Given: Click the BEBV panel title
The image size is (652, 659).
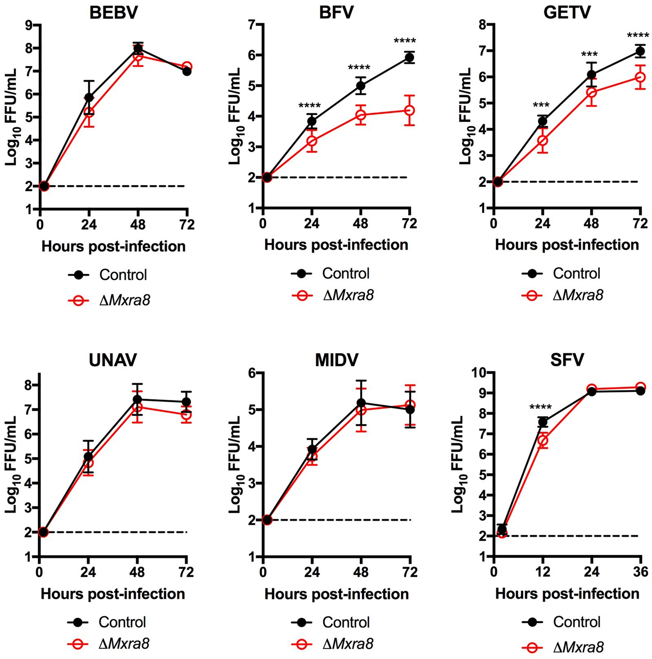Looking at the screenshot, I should [x=113, y=13].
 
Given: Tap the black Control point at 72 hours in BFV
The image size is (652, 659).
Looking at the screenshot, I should [x=410, y=57].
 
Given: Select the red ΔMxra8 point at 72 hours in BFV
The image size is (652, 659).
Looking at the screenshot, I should [x=410, y=110].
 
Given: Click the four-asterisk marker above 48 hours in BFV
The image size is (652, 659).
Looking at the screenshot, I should [x=359, y=68].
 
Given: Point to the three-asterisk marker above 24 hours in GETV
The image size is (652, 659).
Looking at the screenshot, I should [x=541, y=105].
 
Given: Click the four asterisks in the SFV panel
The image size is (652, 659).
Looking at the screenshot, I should [x=540, y=407].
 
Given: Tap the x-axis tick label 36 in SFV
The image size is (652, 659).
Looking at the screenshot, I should [x=641, y=572].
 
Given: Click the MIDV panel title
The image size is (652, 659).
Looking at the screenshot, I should [x=337, y=360].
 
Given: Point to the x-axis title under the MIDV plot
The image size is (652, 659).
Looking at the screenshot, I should [x=337, y=594].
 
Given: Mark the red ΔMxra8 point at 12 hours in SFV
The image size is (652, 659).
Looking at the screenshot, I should [x=543, y=440].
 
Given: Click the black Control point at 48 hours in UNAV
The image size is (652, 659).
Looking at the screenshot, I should [x=137, y=399].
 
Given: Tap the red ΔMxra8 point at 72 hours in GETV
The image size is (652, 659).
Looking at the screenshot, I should [x=640, y=77].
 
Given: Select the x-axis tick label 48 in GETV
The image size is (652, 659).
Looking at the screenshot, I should [x=591, y=223].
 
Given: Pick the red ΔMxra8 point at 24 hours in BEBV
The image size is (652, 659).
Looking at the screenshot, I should [x=89, y=112].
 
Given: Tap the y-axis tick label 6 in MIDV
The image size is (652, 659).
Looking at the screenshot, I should [x=251, y=373].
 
